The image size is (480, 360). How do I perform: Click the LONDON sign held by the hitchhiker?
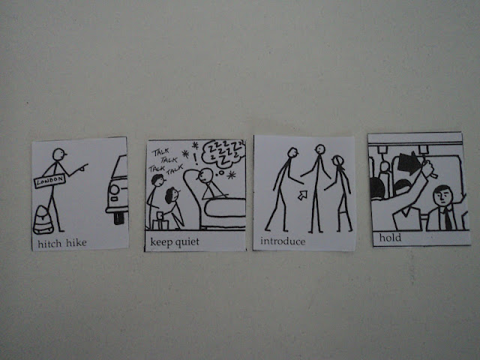pyautogui.click(x=49, y=181)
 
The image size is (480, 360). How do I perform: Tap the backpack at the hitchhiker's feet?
pyautogui.click(x=43, y=220)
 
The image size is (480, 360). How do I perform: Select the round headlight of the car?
pyautogui.click(x=114, y=190)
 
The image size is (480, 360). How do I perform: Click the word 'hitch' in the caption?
pyautogui.click(x=49, y=243)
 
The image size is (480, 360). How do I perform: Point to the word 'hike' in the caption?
pyautogui.click(x=76, y=243)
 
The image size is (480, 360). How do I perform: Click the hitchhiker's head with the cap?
pyautogui.click(x=59, y=154)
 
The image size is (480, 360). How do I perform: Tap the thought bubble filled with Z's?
pyautogui.click(x=223, y=154)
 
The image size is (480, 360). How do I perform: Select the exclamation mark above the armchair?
pyautogui.click(x=195, y=159)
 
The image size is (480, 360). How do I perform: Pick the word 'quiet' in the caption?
pyautogui.click(x=186, y=242)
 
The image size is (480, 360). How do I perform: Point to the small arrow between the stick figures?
pyautogui.click(x=303, y=195)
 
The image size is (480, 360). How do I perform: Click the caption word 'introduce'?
pyautogui.click(x=283, y=241)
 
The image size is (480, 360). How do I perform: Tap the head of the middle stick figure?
pyautogui.click(x=320, y=149)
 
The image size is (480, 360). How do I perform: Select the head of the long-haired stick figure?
pyautogui.click(x=338, y=161)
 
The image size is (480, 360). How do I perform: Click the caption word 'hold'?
pyautogui.click(x=390, y=238)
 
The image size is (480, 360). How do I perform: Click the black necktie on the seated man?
pyautogui.click(x=447, y=218)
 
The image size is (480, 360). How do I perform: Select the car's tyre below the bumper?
pyautogui.click(x=118, y=218)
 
